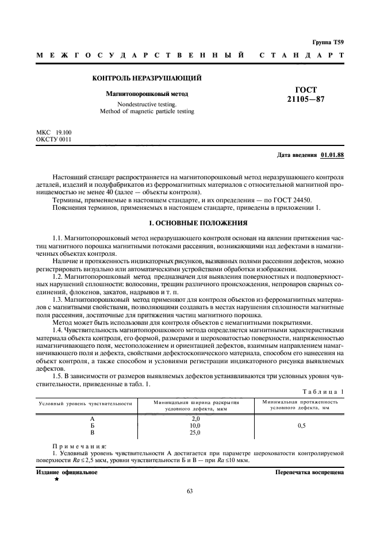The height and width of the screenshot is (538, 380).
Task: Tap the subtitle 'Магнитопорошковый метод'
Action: click(x=147, y=93)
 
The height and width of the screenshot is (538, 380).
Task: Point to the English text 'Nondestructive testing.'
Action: click(x=147, y=105)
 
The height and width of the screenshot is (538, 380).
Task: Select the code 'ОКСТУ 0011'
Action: click(x=53, y=140)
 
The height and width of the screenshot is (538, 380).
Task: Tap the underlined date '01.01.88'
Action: click(x=332, y=155)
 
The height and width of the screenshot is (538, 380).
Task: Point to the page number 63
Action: click(x=190, y=490)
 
